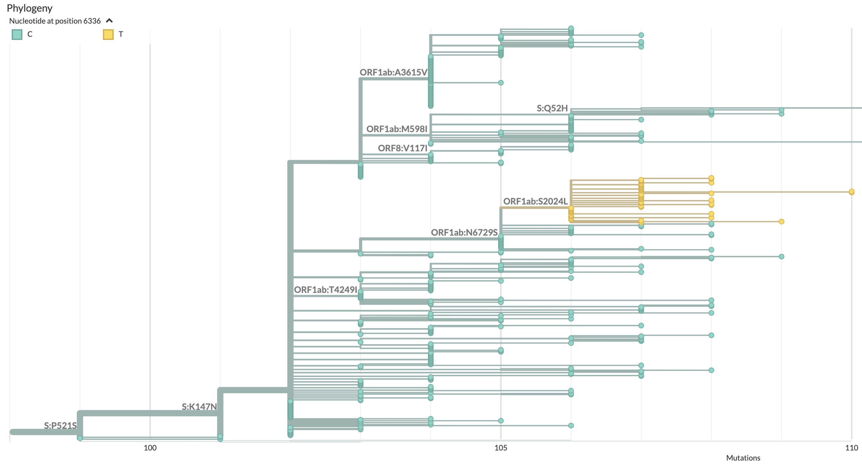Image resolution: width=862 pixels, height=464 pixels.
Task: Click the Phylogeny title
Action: click(x=30, y=8)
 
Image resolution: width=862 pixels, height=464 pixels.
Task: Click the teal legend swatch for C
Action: click(x=17, y=35)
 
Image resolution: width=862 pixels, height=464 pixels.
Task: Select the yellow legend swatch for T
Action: click(x=108, y=35)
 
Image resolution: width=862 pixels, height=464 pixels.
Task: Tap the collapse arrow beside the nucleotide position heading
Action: click(x=109, y=21)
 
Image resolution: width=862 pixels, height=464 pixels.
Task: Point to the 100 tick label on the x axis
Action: click(x=150, y=447)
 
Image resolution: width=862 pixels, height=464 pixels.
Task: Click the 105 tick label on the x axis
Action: click(x=501, y=447)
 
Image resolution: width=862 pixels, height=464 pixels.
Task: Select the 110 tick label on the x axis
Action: click(x=851, y=447)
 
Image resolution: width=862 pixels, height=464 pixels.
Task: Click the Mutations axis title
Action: click(x=743, y=458)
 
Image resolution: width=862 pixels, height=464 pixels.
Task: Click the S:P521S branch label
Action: click(x=60, y=425)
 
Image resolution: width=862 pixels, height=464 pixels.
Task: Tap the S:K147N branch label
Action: click(x=199, y=406)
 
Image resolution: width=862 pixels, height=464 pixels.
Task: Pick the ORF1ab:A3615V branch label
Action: click(x=393, y=72)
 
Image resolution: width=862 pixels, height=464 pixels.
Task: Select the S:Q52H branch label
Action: click(x=552, y=108)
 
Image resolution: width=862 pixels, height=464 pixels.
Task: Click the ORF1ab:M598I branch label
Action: click(x=396, y=129)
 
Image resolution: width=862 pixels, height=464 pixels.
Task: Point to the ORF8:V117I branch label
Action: click(x=402, y=148)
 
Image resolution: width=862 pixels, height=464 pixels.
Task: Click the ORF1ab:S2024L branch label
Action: click(x=535, y=201)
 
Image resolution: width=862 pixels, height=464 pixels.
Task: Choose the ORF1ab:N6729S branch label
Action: click(x=464, y=232)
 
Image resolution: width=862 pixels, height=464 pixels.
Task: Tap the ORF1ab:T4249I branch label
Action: click(x=325, y=289)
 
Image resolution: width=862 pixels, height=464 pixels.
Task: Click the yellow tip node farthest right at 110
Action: click(x=851, y=192)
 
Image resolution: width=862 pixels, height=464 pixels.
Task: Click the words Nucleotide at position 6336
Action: click(x=55, y=21)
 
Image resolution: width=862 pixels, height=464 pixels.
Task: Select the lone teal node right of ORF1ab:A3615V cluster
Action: click(x=501, y=83)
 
